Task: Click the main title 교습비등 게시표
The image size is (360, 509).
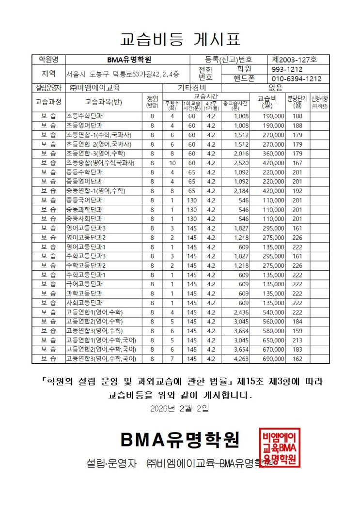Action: coord(180,39)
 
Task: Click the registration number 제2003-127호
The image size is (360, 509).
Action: coord(294,60)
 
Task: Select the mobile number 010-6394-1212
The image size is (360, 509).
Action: coord(297,78)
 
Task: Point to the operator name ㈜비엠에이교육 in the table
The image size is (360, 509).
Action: coord(95,88)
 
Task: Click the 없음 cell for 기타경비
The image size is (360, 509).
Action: coord(275,88)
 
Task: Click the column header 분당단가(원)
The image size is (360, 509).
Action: coord(297,102)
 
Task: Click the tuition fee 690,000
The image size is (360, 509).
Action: coord(273,359)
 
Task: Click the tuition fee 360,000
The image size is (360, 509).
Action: coord(273,153)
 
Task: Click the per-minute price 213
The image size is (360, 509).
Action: coord(297,340)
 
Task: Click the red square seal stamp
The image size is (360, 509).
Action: coord(280,447)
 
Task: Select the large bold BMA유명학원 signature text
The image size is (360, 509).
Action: coord(180,440)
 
